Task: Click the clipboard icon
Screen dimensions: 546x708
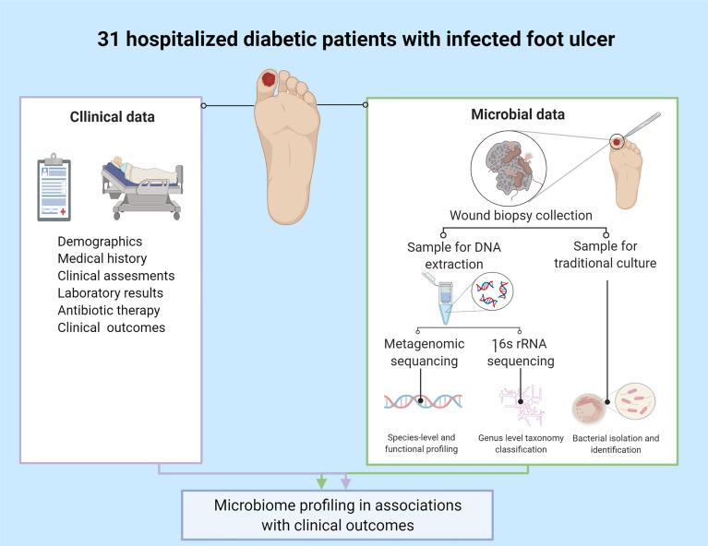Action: pos(54,189)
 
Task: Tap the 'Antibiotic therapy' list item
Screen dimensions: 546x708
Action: pos(109,309)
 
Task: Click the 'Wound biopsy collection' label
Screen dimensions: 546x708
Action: pos(521,216)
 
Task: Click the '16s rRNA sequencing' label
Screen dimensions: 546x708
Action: pos(522,352)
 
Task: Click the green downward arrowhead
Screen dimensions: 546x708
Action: pos(321,481)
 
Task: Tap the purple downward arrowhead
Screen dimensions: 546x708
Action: pos(345,481)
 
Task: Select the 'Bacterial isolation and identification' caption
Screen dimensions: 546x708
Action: pos(616,443)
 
